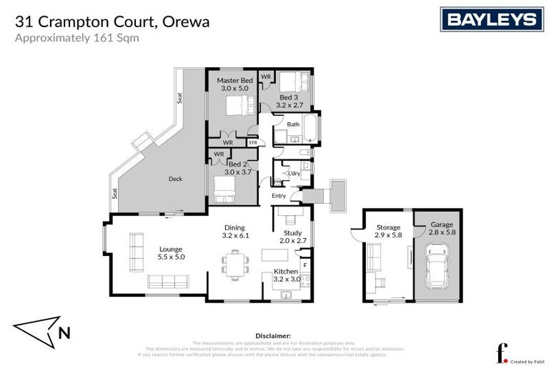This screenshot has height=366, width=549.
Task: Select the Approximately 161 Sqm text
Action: point(76,39)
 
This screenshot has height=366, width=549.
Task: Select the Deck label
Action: point(176,179)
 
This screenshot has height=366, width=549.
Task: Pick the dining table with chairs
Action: point(234,262)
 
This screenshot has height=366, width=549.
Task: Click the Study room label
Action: point(293,236)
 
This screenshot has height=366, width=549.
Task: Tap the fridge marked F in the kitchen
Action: point(305,265)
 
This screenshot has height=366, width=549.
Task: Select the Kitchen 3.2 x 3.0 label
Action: point(287,275)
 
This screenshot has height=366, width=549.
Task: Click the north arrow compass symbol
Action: point(44,330)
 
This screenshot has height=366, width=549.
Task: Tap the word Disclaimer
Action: point(273,335)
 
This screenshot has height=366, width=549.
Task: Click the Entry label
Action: point(278,196)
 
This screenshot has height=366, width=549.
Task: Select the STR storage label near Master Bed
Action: point(252,143)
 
